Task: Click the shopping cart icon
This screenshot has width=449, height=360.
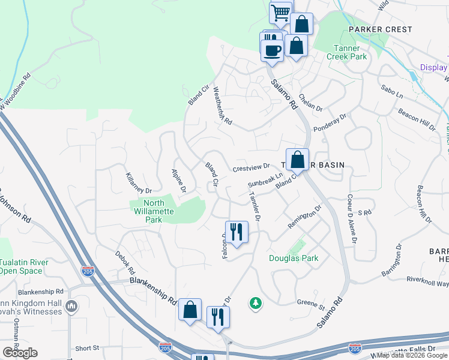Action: [280, 13]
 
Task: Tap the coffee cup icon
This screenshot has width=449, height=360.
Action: [272, 49]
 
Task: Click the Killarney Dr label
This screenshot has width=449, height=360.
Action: [139, 182]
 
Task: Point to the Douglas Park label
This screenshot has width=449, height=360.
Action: [294, 258]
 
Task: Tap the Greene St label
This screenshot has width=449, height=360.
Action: [312, 307]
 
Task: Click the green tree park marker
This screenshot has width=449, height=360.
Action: [256, 303]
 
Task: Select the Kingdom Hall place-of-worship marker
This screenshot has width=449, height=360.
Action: [71, 307]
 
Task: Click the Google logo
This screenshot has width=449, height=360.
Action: [20, 352]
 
